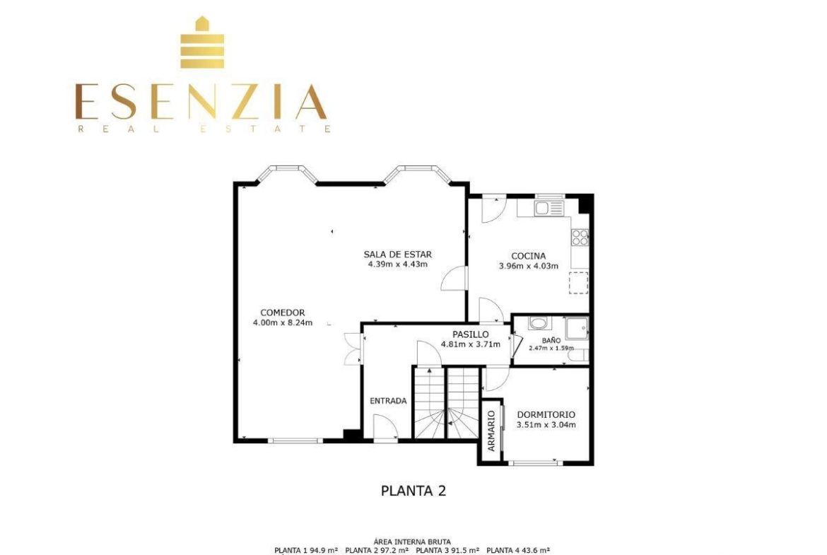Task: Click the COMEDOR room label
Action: click(283, 312)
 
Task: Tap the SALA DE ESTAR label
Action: click(398, 255)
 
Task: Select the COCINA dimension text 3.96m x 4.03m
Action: click(529, 266)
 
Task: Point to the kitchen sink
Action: click(549, 208)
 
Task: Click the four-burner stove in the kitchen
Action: click(580, 238)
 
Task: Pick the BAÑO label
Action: click(551, 340)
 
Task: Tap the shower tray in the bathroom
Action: click(577, 328)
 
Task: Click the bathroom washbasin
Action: click(539, 323)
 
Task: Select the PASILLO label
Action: click(471, 334)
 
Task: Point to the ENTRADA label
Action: click(388, 401)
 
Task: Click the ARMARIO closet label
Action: click(491, 431)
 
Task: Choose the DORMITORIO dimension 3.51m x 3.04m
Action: click(546, 425)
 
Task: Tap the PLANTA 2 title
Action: click(413, 491)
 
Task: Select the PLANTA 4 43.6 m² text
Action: click(518, 550)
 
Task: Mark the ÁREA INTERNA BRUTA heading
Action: click(412, 542)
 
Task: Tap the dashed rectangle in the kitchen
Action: click(579, 283)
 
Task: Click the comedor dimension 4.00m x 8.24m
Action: click(283, 323)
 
